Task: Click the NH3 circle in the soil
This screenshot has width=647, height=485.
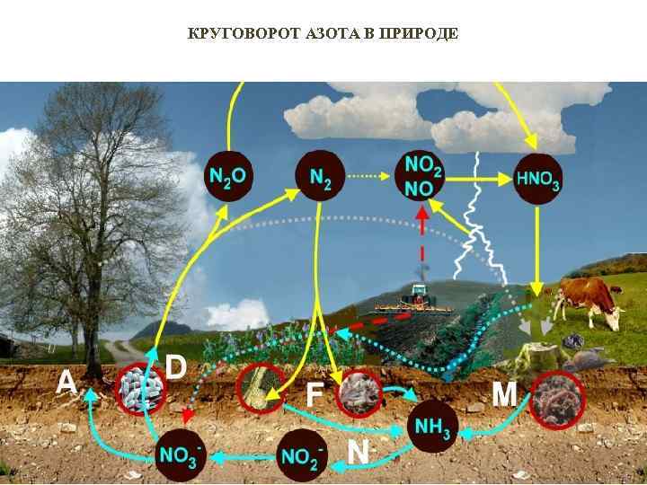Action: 434,425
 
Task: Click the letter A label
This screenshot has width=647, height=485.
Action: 66,384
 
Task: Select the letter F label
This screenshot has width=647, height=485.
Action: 315,395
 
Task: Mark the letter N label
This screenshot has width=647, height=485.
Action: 358,451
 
